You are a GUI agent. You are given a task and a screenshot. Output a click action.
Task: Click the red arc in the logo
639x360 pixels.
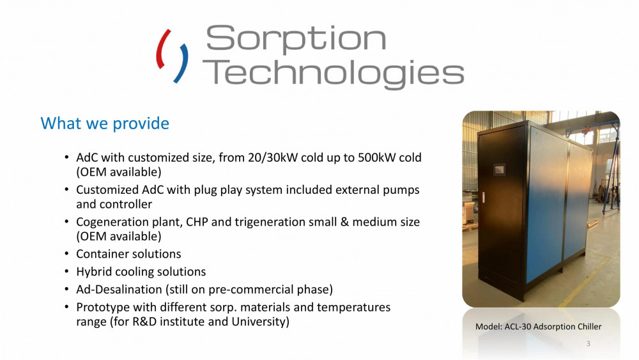164,48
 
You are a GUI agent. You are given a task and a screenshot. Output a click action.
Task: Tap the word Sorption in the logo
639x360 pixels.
296,39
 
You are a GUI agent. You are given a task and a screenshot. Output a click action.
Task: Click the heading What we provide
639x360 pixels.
105,123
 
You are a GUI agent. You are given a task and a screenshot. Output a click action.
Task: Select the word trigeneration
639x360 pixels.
270,222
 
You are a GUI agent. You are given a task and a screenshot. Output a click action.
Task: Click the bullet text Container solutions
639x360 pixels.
128,254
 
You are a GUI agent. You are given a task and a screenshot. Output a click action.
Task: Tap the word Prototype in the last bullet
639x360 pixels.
103,307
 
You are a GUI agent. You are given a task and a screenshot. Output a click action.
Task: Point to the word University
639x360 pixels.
261,322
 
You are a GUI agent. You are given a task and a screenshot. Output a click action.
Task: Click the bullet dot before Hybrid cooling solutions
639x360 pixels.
66,272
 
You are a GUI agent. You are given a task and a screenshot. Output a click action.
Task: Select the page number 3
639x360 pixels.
589,345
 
